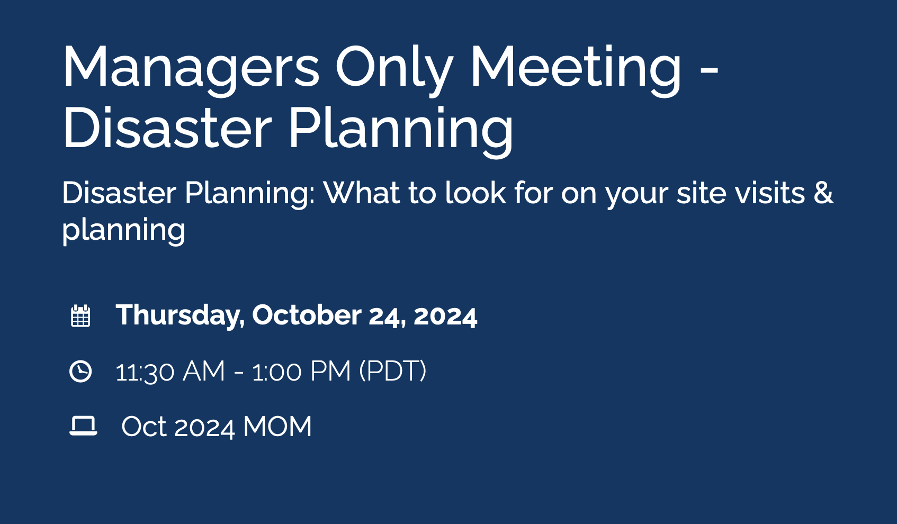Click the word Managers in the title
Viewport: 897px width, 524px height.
pyautogui.click(x=191, y=68)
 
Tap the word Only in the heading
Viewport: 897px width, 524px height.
pyautogui.click(x=394, y=68)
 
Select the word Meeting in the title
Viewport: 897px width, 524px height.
pyautogui.click(x=576, y=68)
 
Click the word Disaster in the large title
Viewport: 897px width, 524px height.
pyautogui.click(x=167, y=129)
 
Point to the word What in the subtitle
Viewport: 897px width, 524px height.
pyautogui.click(x=362, y=193)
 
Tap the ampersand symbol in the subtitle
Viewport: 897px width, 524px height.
pyautogui.click(x=824, y=193)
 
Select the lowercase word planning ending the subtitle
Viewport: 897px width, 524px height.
pyautogui.click(x=123, y=230)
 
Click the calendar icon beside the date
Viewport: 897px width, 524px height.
pyautogui.click(x=80, y=316)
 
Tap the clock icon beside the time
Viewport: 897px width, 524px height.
pyautogui.click(x=80, y=371)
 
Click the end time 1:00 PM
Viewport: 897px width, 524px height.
pyautogui.click(x=301, y=372)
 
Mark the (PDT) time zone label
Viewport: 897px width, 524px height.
pyautogui.click(x=393, y=372)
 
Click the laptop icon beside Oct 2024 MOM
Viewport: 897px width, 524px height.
pyautogui.click(x=83, y=426)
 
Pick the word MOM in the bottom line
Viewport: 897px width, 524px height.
pyautogui.click(x=277, y=427)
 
